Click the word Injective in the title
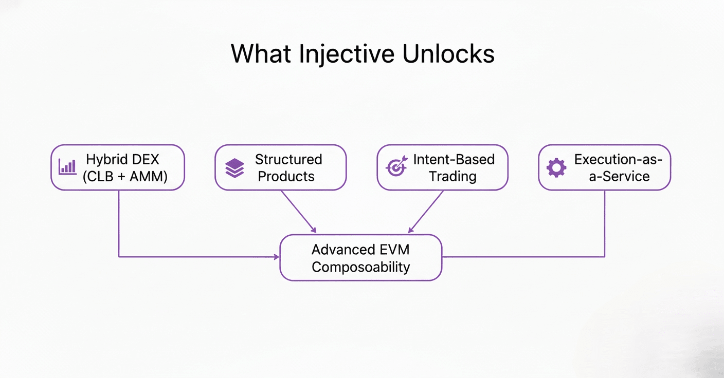pyautogui.click(x=347, y=54)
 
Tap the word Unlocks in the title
pyautogui.click(x=448, y=53)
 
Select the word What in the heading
pyautogui.click(x=261, y=53)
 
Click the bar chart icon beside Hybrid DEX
pyautogui.click(x=67, y=167)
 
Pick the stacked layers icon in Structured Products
pyautogui.click(x=234, y=168)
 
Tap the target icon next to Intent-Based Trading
pyautogui.click(x=396, y=166)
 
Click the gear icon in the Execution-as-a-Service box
pyautogui.click(x=556, y=167)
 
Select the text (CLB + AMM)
pyautogui.click(x=125, y=177)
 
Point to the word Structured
pyautogui.click(x=288, y=159)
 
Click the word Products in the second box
pyautogui.click(x=286, y=177)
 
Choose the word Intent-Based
pyautogui.click(x=454, y=159)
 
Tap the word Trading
pyautogui.click(x=452, y=177)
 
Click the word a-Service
pyautogui.click(x=619, y=177)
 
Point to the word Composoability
pyautogui.click(x=360, y=267)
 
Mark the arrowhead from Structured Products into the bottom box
pyautogui.click(x=313, y=230)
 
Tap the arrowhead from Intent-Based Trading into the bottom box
pyautogui.click(x=411, y=230)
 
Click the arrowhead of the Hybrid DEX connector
pyautogui.click(x=277, y=257)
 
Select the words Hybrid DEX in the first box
pyautogui.click(x=122, y=159)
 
